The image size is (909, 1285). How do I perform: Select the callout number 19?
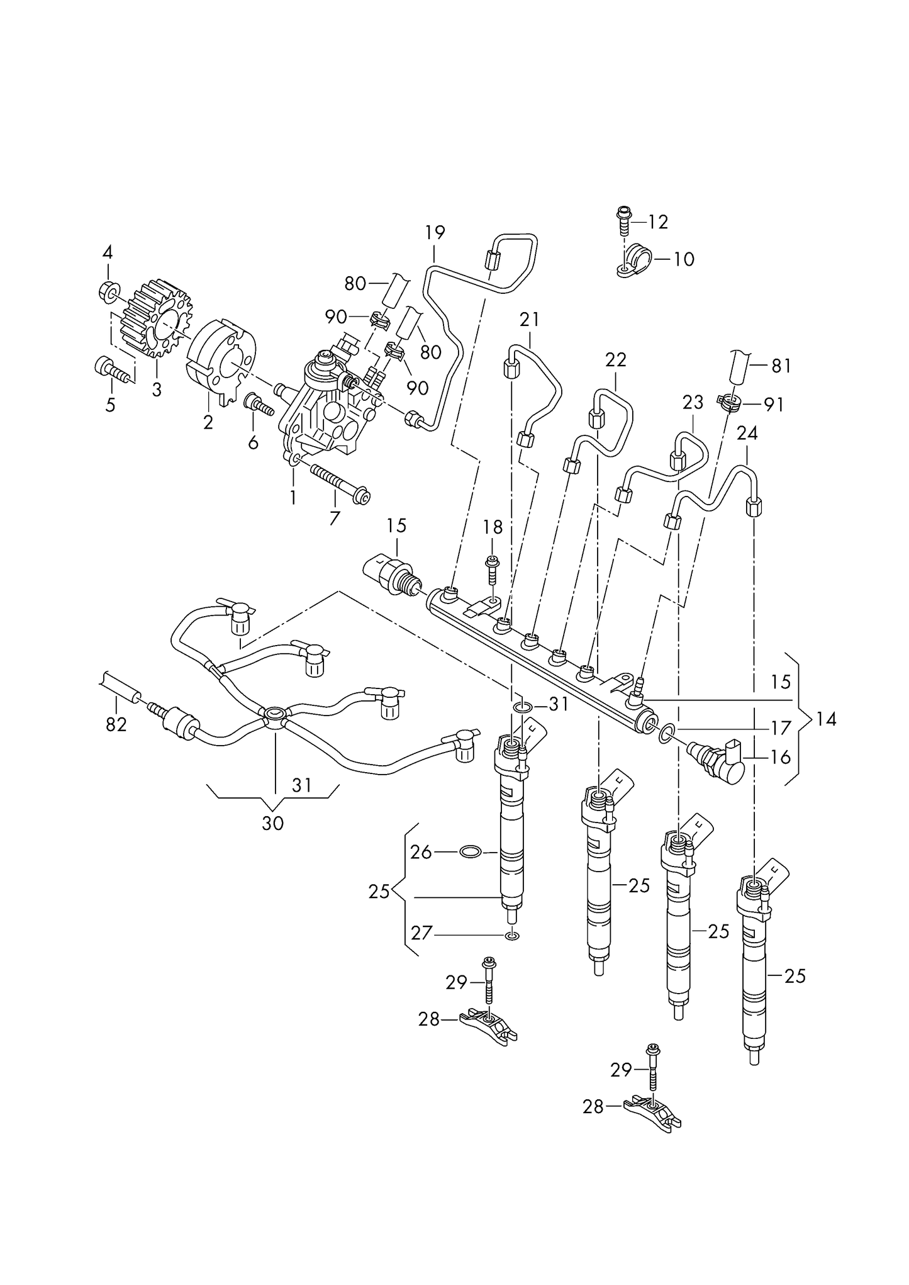[435, 232]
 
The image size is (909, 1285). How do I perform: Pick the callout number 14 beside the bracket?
[826, 719]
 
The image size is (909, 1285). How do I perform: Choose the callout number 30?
[272, 822]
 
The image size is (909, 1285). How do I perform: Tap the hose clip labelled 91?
[728, 401]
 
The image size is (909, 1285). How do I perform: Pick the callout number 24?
[747, 434]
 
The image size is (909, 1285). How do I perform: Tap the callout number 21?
[529, 320]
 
